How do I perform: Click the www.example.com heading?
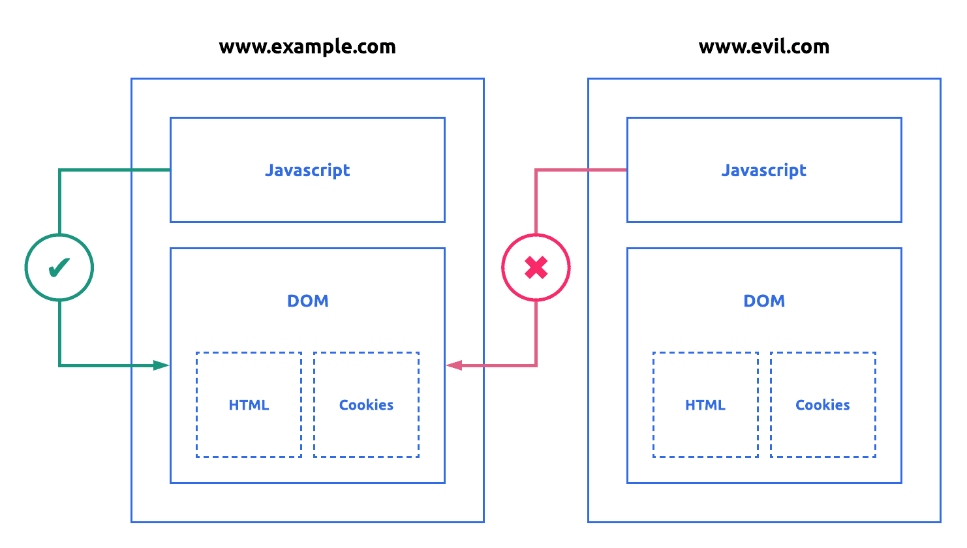coord(307,47)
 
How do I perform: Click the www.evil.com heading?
coord(763,47)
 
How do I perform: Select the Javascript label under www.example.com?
coord(307,170)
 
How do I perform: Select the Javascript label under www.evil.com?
coord(763,170)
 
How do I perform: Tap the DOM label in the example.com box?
coord(307,301)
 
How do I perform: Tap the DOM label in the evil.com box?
coord(764,301)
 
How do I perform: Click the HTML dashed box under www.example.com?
coord(249,424)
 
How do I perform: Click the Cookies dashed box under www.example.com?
coord(366,424)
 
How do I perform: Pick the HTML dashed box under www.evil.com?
coord(705,424)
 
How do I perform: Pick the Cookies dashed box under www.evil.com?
coord(823,424)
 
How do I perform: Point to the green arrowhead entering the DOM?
coord(162,365)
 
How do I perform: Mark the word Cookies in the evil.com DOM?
coord(823,405)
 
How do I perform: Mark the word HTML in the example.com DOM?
coord(249,405)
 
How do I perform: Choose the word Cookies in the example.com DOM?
coord(366,405)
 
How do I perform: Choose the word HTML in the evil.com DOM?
coord(705,405)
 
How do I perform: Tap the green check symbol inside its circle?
coord(59,267)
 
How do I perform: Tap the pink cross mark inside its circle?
coord(536,267)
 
